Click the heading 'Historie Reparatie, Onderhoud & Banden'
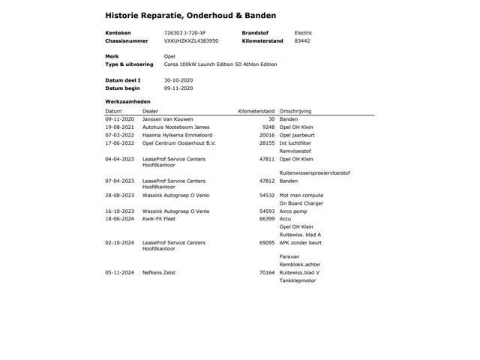[x=190, y=15]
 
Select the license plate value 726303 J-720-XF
[x=184, y=33]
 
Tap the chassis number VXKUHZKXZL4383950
[x=191, y=40]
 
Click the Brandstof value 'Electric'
[x=303, y=33]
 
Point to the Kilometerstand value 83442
[x=302, y=40]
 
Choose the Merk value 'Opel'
[x=169, y=56]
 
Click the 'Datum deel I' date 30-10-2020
[x=178, y=79]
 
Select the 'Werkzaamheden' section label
[x=127, y=101]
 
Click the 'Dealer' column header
[x=150, y=111]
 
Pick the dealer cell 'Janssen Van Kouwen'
[x=168, y=119]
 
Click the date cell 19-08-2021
[x=119, y=127]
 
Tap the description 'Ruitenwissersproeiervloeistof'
[x=314, y=172]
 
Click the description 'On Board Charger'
[x=301, y=203]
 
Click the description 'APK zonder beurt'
[x=300, y=242]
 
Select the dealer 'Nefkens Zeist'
[x=159, y=272]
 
